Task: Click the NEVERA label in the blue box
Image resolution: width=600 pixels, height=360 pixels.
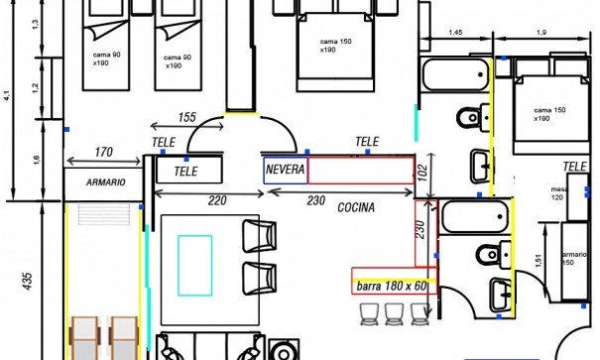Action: pyautogui.click(x=285, y=170)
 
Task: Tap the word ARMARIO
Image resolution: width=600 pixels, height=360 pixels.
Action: pyautogui.click(x=104, y=182)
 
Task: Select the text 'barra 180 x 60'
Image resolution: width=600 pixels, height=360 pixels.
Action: pyautogui.click(x=392, y=287)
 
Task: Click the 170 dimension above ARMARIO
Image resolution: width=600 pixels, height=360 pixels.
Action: pyautogui.click(x=102, y=153)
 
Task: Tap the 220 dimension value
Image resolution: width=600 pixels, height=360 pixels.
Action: pyautogui.click(x=217, y=200)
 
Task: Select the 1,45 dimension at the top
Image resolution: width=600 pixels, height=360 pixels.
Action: pyautogui.click(x=455, y=34)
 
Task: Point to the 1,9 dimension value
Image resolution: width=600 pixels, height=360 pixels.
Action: pyautogui.click(x=541, y=34)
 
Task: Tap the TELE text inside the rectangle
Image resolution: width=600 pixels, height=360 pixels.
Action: pyautogui.click(x=185, y=172)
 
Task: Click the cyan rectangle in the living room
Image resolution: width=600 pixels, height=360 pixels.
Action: pyautogui.click(x=194, y=264)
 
